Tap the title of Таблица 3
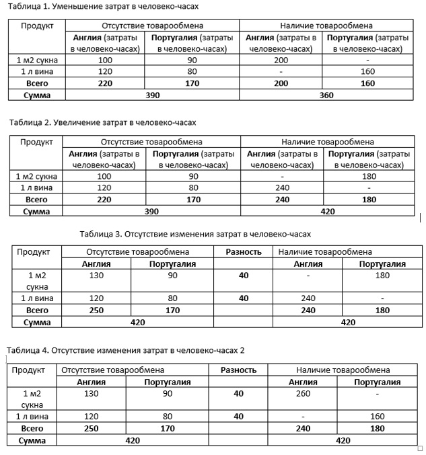tap(195, 235)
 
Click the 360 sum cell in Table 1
tap(326, 95)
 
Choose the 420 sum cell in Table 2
tap(326, 211)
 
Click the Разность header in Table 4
tap(239, 370)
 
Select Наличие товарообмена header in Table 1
tap(326, 26)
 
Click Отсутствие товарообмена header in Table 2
tap(151, 142)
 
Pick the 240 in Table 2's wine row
tap(283, 188)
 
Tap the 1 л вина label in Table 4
tap(32, 417)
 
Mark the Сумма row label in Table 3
tap(37, 323)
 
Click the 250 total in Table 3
tap(96, 311)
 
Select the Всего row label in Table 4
tap(32, 428)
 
